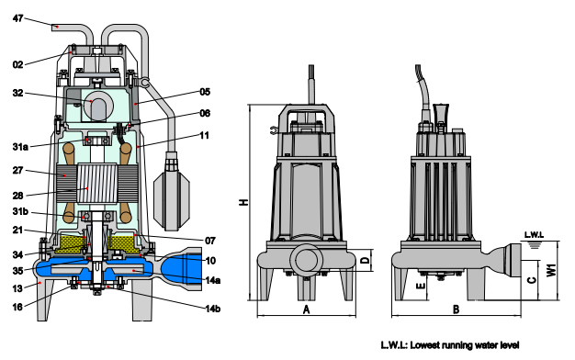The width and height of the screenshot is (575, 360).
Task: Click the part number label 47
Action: (x=18, y=18)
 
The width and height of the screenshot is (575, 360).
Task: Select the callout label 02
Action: (x=18, y=65)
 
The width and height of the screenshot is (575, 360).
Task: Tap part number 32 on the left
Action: (x=18, y=93)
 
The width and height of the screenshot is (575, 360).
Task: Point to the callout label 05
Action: (x=206, y=92)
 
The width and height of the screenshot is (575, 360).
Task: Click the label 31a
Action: (x=20, y=147)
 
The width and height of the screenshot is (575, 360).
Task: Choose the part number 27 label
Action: (x=18, y=171)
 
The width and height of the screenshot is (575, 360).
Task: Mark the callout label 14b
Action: (x=213, y=309)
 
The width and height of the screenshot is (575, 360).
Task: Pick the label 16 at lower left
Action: (x=18, y=307)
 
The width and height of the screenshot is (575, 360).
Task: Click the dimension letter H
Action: (x=243, y=202)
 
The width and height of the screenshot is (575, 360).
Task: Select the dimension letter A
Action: (x=307, y=309)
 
